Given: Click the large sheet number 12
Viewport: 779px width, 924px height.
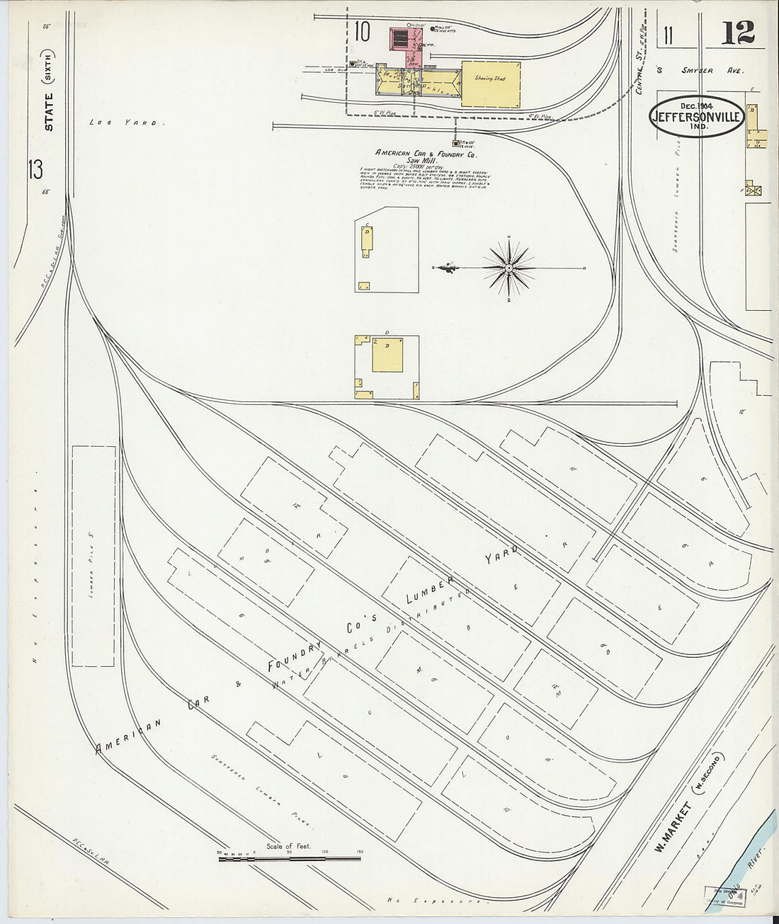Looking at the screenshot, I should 738,32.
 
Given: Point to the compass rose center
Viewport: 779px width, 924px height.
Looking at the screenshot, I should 509,268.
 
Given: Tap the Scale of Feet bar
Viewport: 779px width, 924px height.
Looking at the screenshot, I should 290,858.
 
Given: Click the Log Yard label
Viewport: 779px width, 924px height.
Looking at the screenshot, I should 127,122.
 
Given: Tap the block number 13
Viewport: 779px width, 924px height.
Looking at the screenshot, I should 34,170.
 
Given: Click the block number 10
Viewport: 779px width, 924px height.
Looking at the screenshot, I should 363,31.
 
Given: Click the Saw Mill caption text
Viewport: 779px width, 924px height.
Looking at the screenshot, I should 427,161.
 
